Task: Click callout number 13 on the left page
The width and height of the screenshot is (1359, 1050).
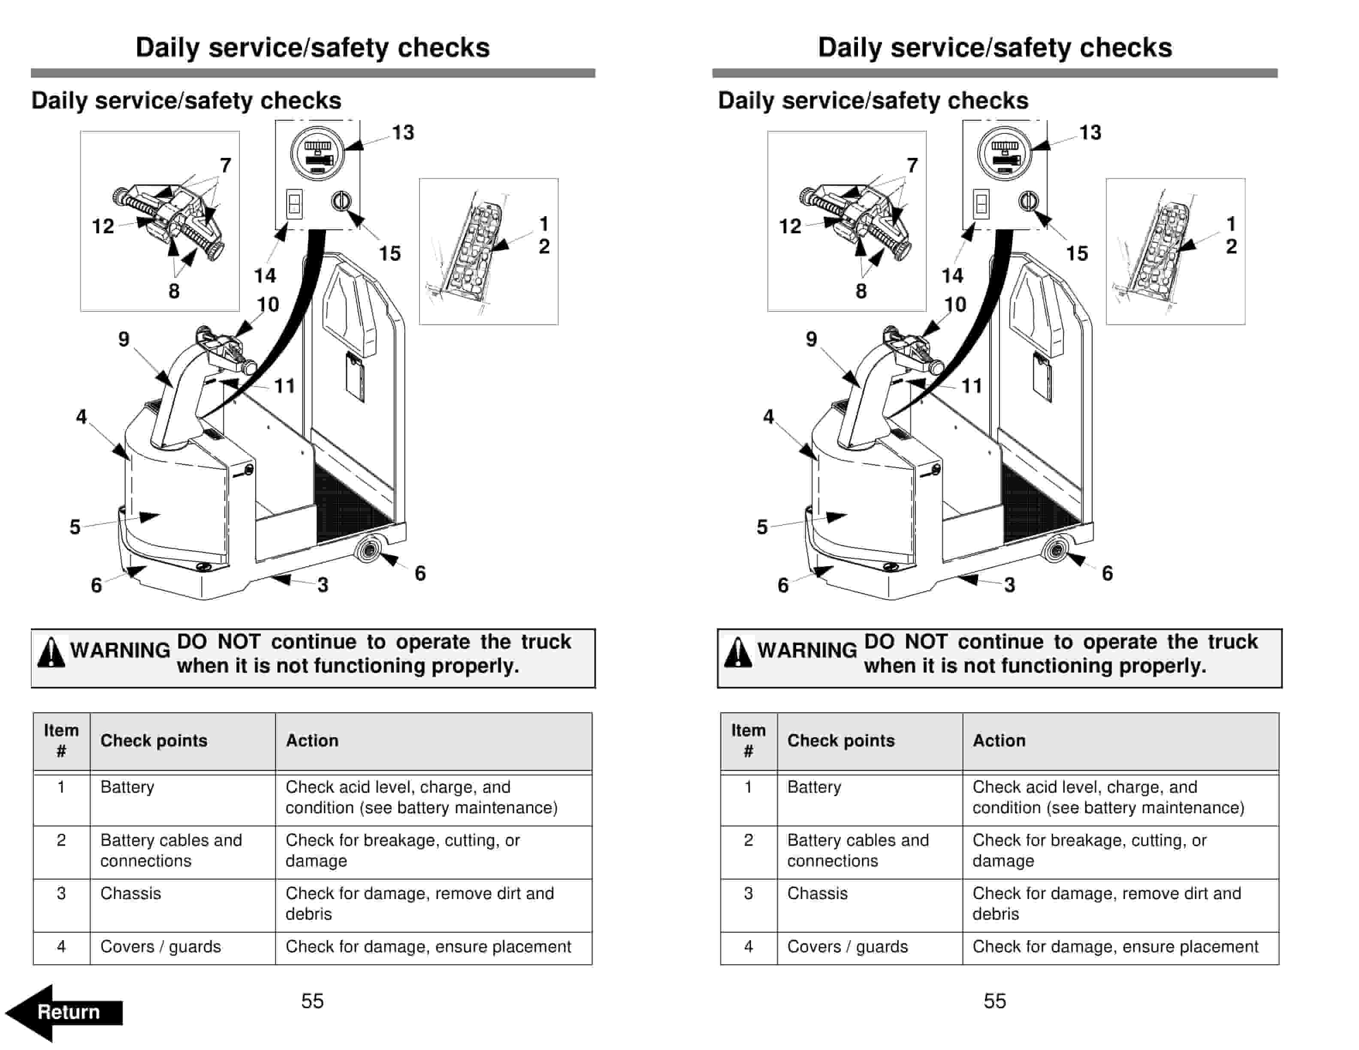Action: [403, 133]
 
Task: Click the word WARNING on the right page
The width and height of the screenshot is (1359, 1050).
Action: [807, 650]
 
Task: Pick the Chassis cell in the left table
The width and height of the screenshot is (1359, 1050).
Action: [131, 893]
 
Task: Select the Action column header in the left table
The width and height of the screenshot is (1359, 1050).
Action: [312, 740]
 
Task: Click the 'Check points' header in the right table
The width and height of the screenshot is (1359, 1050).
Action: [841, 740]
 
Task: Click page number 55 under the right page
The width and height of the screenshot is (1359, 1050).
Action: [994, 1001]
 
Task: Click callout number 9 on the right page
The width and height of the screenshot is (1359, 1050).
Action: [811, 339]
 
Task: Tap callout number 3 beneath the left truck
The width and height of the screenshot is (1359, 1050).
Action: [322, 585]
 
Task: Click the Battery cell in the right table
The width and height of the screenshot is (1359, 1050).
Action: [814, 787]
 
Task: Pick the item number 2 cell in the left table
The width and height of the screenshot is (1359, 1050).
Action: [61, 840]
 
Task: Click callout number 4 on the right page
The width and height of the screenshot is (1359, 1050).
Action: [768, 417]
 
